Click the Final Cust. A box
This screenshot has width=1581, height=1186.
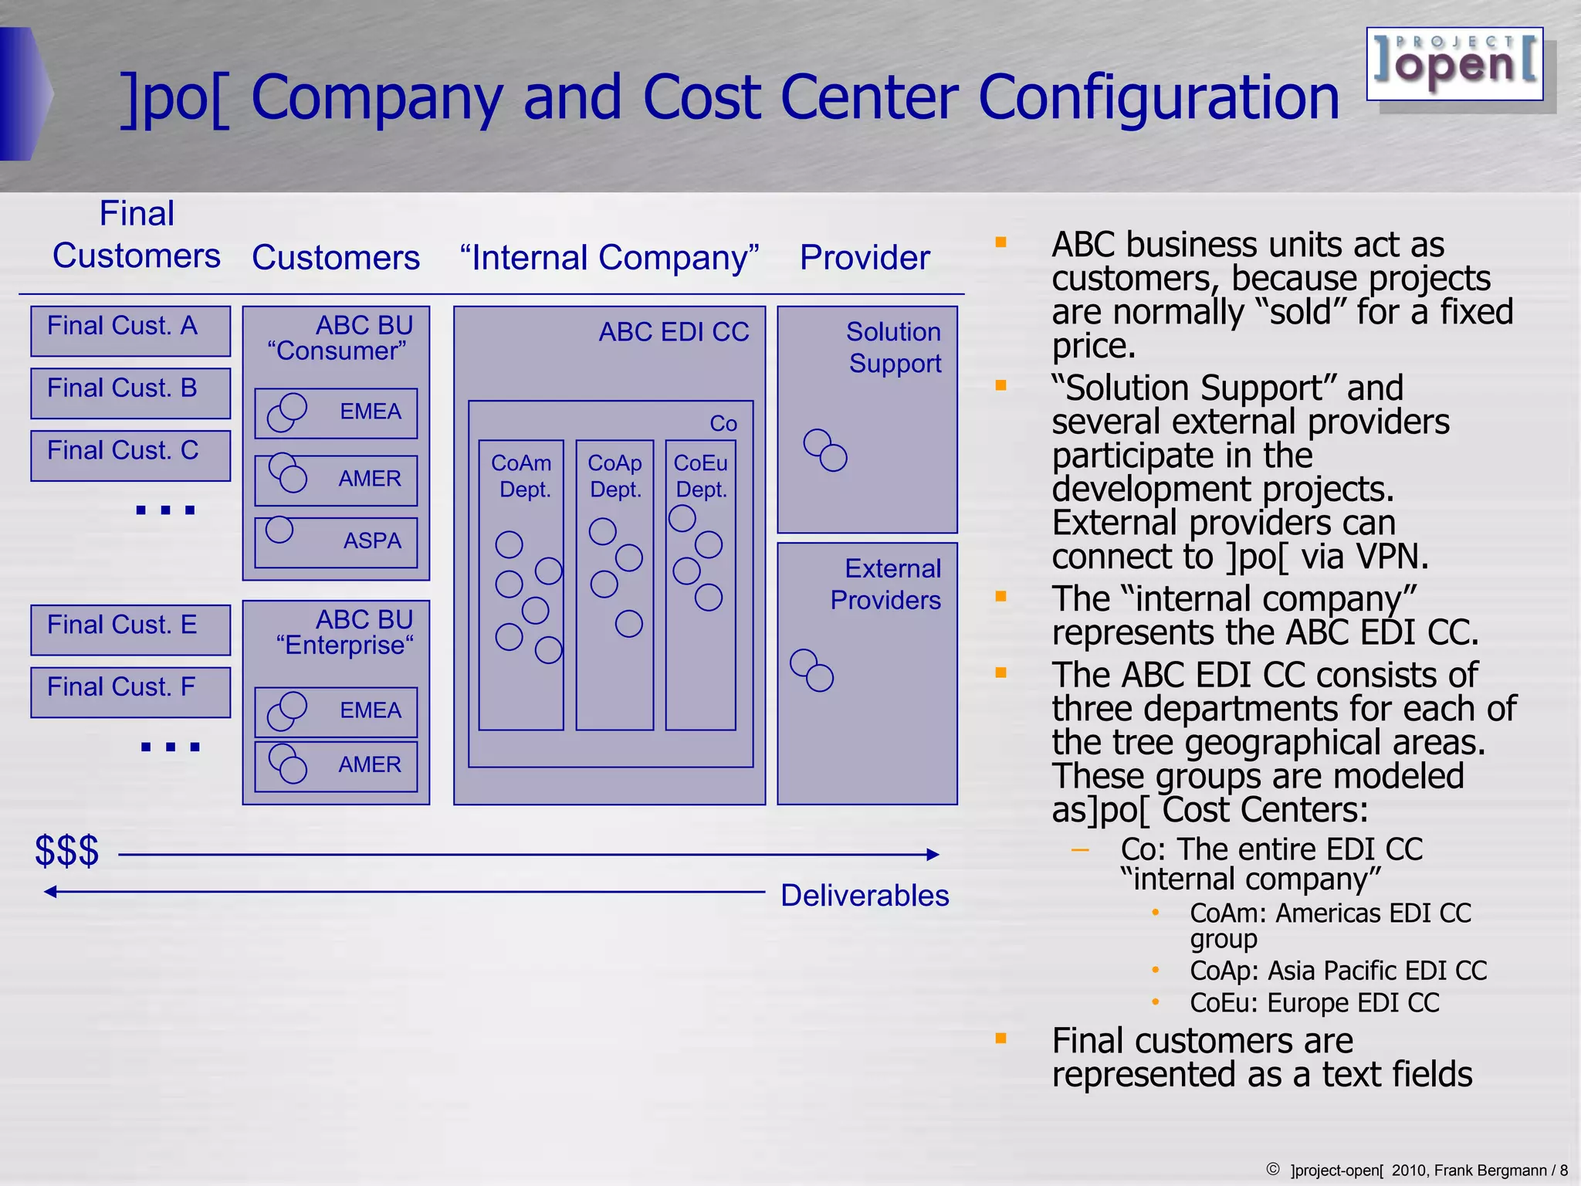coord(130,330)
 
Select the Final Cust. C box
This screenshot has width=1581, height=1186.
coord(130,456)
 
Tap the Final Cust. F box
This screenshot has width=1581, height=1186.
coord(130,692)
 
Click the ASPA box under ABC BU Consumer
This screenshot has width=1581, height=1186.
coord(336,542)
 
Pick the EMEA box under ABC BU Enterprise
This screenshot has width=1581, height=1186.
coord(336,711)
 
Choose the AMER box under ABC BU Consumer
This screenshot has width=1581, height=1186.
coord(336,479)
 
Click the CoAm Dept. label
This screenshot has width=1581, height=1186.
coord(523,476)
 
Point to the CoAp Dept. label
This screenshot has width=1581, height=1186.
coord(615,476)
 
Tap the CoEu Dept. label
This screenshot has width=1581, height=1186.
coord(701,476)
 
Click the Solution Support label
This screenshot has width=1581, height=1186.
coord(894,347)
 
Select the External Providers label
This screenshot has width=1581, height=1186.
coord(886,585)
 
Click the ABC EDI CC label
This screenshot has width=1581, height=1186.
coord(674,332)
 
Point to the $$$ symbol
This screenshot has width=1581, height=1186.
coord(67,851)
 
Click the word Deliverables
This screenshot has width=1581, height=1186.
coord(865,896)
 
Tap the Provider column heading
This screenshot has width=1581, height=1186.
coord(865,258)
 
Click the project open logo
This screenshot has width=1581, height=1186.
coord(1454,64)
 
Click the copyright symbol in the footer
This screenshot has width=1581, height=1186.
coord(1273,1169)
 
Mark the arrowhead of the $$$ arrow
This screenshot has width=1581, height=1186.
coord(933,854)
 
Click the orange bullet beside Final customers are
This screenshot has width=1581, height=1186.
coord(1001,1039)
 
